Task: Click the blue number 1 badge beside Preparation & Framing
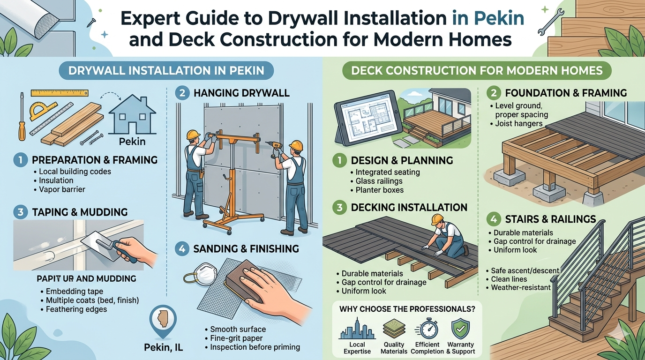click(x=21, y=160)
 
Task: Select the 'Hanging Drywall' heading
click(x=241, y=93)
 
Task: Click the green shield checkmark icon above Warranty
click(x=461, y=328)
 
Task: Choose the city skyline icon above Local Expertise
click(x=357, y=329)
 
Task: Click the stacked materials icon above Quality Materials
click(x=394, y=328)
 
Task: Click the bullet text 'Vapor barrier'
click(x=62, y=189)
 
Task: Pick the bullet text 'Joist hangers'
click(x=518, y=124)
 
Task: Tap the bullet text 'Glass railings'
click(x=379, y=181)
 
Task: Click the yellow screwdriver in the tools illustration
click(x=22, y=117)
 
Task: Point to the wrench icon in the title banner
click(x=551, y=22)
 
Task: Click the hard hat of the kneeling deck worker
click(x=437, y=219)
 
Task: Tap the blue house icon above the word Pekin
click(x=132, y=114)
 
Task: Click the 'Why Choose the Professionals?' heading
click(x=407, y=309)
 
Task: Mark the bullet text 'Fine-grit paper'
click(x=236, y=338)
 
